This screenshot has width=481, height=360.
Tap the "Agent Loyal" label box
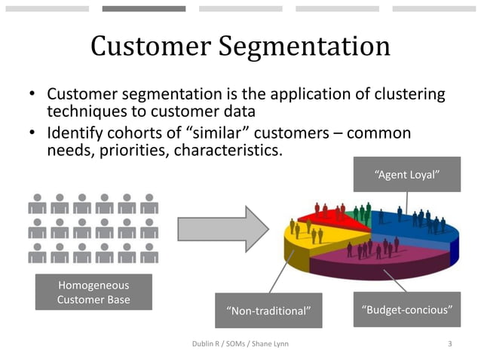click(x=407, y=175)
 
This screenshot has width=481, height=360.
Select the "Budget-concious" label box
click(x=407, y=310)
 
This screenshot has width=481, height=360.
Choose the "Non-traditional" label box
click(x=268, y=310)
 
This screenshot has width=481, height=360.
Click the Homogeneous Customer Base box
click(x=93, y=292)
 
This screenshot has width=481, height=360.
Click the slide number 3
click(x=450, y=344)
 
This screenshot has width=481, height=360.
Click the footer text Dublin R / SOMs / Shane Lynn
click(x=240, y=344)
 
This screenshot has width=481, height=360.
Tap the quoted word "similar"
click(x=202, y=133)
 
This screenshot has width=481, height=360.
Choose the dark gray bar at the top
click(x=144, y=9)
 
